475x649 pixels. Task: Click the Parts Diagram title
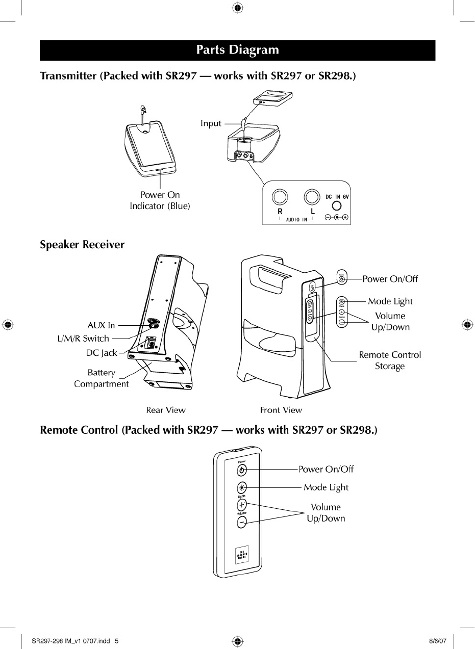coord(237,50)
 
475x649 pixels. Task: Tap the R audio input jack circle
coord(280,197)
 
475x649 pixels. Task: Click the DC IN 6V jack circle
coord(336,206)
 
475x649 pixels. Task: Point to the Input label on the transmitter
coord(211,123)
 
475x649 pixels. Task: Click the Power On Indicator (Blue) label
coord(160,200)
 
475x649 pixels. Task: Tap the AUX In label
coord(102,325)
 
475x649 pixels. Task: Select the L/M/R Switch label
coord(83,338)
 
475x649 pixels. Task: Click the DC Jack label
coord(102,352)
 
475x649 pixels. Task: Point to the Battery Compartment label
coord(101,378)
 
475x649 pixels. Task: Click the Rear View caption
coord(166,410)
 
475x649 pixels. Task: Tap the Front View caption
coord(281,410)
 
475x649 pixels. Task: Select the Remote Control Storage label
coord(390,360)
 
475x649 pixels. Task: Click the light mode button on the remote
coord(242,487)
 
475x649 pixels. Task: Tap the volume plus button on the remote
coord(242,505)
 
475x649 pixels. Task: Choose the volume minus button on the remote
coord(242,522)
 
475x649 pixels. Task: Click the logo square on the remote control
coord(242,556)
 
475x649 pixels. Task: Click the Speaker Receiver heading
coord(82,245)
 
